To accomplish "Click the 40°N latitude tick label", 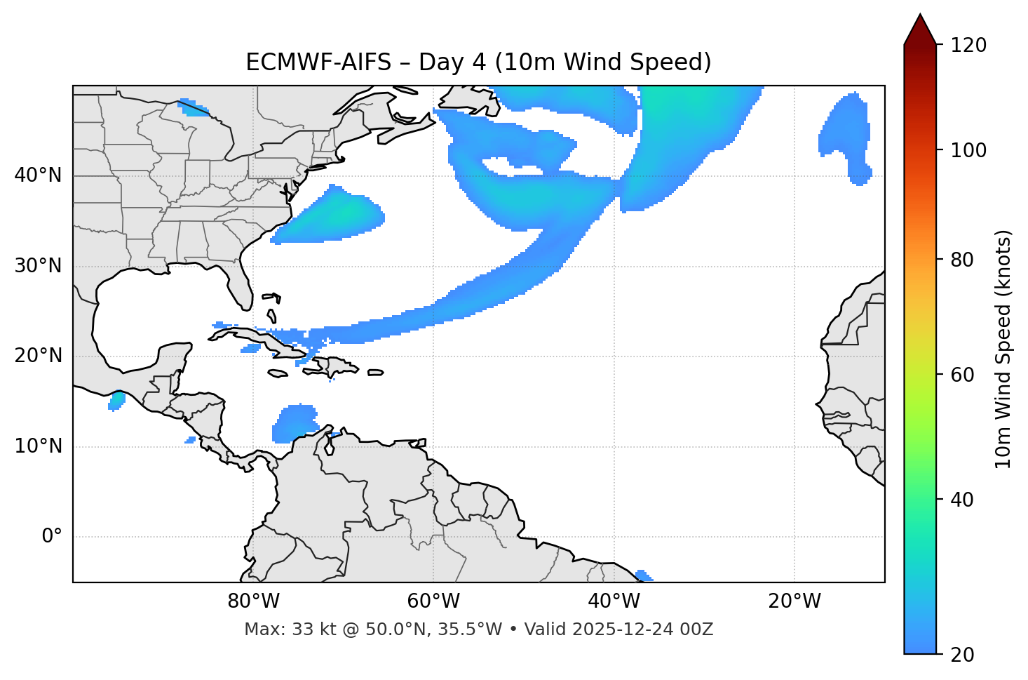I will (x=38, y=175).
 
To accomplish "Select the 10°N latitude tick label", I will (x=38, y=446).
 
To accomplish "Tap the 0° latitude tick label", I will (x=52, y=537).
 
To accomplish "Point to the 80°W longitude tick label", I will (x=253, y=601).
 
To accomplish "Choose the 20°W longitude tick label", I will (x=794, y=601).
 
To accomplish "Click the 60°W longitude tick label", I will (x=433, y=601).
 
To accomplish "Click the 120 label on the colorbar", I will (x=970, y=46).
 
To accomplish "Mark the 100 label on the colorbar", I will (x=970, y=150).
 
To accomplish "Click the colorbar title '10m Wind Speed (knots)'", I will (x=1003, y=349).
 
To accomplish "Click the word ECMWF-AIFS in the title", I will (x=318, y=62).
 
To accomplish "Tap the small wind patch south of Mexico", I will (x=116, y=401).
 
